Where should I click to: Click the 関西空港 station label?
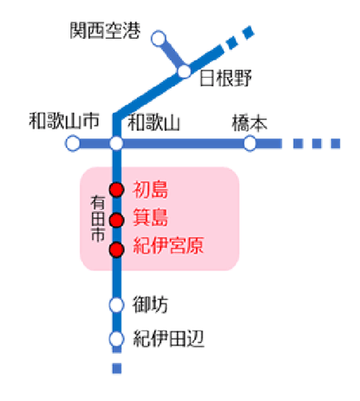tap(105, 31)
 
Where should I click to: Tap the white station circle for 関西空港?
tap(158, 38)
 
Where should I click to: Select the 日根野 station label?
tap(226, 78)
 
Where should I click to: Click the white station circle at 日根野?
tap(184, 72)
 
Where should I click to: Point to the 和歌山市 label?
tap(64, 121)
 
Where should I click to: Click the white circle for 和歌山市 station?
tap(73, 143)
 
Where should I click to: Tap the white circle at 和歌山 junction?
tap(116, 143)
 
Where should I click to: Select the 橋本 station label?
tap(250, 123)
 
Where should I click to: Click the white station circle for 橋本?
tap(250, 143)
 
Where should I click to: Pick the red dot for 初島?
tap(116, 190)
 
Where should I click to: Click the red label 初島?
tap(150, 190)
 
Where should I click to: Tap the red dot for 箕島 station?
tap(116, 220)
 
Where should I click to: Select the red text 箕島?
tap(150, 218)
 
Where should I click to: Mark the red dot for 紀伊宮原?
tap(116, 250)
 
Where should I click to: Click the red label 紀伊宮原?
tap(168, 245)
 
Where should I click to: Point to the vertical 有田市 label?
tap(98, 219)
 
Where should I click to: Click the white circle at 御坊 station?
tap(116, 305)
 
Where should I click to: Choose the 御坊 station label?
tap(150, 305)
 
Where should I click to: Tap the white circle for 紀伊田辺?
tap(116, 339)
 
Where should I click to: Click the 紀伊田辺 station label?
tap(168, 339)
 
